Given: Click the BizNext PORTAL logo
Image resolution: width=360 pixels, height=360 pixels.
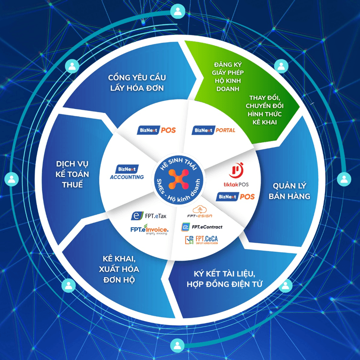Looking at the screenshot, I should pos(214,131).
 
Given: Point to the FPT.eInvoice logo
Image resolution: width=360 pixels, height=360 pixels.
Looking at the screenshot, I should pos(149,229).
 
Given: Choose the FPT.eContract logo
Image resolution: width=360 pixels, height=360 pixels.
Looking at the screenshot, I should pos(202,227).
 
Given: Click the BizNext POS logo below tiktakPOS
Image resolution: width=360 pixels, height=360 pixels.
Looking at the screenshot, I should pos(235,196).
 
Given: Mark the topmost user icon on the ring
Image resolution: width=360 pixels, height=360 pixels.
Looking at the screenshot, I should pos(178,11).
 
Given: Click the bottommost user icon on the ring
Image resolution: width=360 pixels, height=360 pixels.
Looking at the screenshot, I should pos(178,345).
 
